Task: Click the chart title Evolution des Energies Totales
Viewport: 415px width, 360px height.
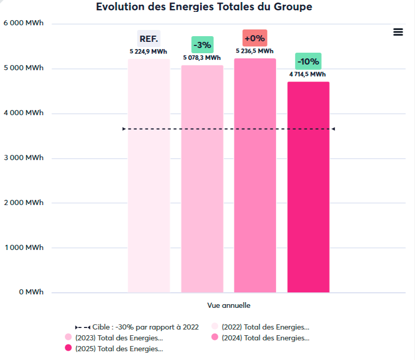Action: coord(204,7)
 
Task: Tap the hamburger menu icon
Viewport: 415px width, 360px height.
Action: coord(398,32)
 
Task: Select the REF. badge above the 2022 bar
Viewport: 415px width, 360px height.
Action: coord(149,39)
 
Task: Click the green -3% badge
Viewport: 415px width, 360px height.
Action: coord(202,45)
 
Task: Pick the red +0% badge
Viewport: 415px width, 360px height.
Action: coord(254,38)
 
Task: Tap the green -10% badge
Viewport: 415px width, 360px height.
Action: coord(308,61)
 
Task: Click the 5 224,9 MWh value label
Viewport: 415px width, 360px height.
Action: coord(149,52)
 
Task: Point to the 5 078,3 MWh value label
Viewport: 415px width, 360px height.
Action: coord(202,58)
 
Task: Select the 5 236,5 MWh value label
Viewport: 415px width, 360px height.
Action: coord(254,51)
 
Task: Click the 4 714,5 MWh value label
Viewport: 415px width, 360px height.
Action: coord(308,74)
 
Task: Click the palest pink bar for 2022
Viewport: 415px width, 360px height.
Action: coord(149,176)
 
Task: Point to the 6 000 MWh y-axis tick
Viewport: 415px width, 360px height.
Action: coord(24,23)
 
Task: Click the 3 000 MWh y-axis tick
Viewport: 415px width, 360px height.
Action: coord(24,158)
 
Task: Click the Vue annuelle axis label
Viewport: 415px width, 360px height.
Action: coord(229,305)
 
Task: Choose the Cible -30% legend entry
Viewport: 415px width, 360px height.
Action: coord(137,327)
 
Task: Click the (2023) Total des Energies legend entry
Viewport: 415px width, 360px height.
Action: coord(114,338)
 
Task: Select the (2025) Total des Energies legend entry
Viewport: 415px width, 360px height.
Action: coord(114,349)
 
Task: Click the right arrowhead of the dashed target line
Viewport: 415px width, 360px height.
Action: coord(333,129)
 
